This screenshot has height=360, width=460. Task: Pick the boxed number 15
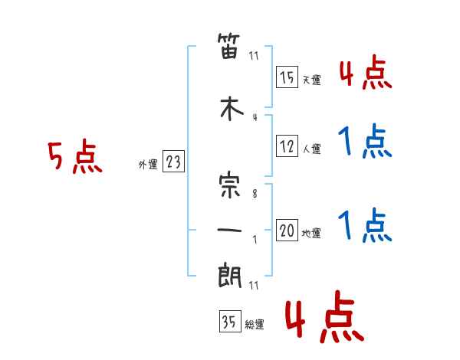tap(287, 78)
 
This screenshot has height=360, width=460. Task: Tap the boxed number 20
tap(287, 231)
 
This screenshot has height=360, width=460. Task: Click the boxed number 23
tap(173, 162)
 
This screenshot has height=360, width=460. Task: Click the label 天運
tap(311, 80)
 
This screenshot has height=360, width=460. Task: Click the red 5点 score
tap(74, 158)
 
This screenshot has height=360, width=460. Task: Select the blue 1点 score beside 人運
tap(365, 142)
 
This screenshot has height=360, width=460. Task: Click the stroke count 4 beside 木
tap(255, 117)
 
